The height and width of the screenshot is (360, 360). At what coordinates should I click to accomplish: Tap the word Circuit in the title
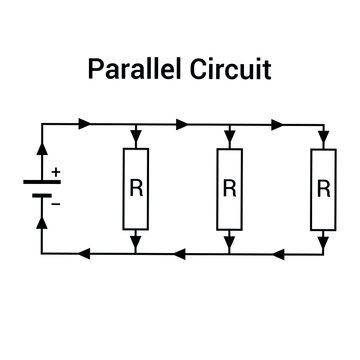click(x=232, y=72)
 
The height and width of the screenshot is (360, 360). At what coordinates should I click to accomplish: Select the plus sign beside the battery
click(x=56, y=172)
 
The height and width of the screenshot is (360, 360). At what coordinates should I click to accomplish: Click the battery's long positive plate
click(x=41, y=181)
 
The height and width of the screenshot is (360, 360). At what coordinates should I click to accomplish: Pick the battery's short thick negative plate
click(x=41, y=194)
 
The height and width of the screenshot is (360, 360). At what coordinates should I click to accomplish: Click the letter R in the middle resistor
click(x=229, y=186)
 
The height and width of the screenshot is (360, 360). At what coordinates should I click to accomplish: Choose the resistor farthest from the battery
click(x=323, y=186)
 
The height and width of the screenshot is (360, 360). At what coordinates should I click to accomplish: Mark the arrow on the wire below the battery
click(x=41, y=222)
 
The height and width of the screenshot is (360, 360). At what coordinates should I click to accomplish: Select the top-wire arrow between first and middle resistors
click(x=182, y=125)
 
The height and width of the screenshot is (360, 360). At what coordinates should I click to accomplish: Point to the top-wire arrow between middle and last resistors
click(x=276, y=125)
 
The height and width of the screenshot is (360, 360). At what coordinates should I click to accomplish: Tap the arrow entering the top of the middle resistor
click(x=229, y=141)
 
